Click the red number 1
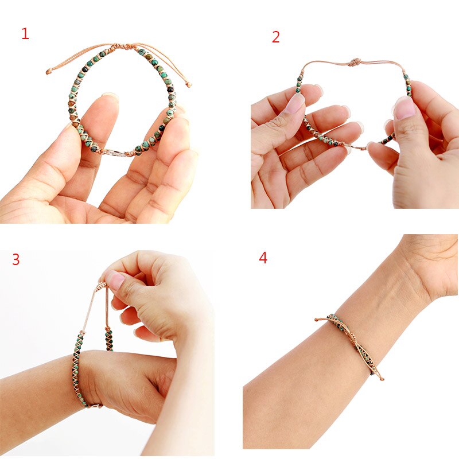(x=25, y=34)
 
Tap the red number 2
(x=276, y=37)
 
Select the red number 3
(x=16, y=259)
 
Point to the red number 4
(x=263, y=258)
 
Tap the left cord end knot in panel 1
(x=49, y=72)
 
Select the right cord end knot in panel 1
(x=189, y=85)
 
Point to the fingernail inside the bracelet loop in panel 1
(x=110, y=98)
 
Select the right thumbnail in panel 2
(x=405, y=107)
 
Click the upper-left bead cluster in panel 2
(x=299, y=83)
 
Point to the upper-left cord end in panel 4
(x=317, y=319)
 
